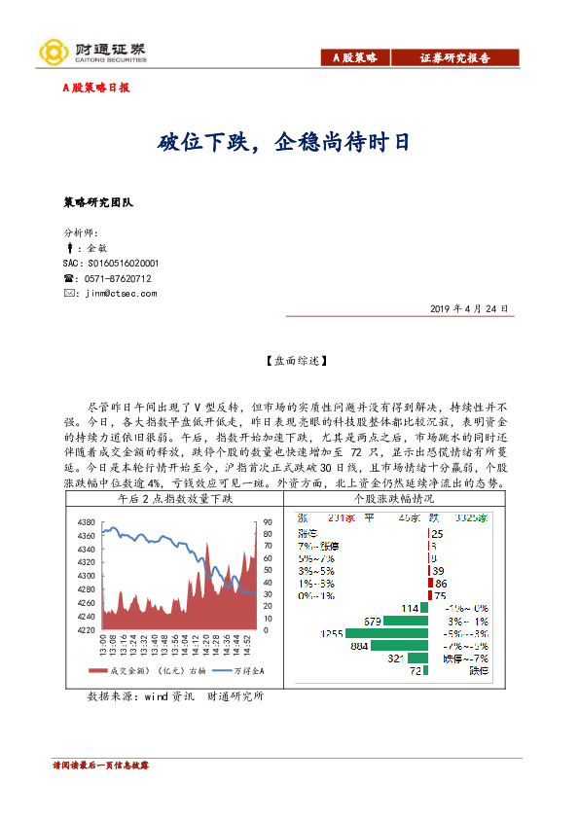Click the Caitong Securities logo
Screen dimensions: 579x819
(x=91, y=53)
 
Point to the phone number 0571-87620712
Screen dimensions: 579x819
(x=119, y=278)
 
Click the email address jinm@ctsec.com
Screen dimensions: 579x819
(x=121, y=293)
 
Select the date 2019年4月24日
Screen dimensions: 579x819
(x=468, y=308)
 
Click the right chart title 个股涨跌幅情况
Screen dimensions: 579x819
(x=394, y=499)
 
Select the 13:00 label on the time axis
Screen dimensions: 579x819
(x=102, y=646)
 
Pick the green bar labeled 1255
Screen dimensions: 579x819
(x=386, y=633)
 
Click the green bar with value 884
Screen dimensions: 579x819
(x=399, y=646)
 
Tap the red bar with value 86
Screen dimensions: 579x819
(x=430, y=583)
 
